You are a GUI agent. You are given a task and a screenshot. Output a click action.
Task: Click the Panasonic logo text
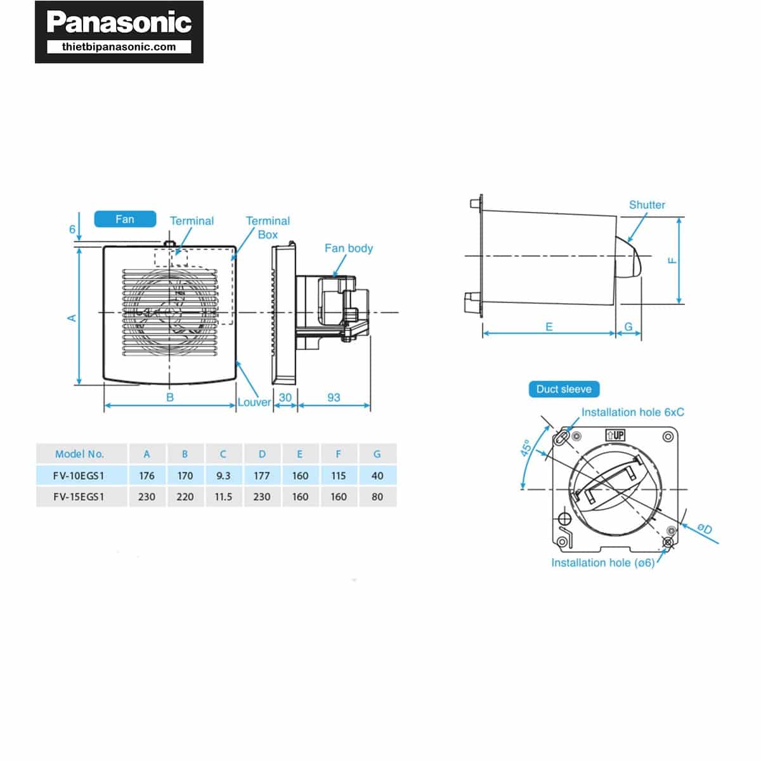click(119, 23)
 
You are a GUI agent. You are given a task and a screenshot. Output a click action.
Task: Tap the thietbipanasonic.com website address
click(119, 47)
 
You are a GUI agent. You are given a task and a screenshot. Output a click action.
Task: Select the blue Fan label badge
click(125, 219)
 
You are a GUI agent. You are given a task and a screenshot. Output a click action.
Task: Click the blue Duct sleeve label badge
click(564, 389)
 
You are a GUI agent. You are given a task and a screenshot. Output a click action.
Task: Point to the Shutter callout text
click(647, 205)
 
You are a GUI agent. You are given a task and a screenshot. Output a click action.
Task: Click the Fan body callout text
click(348, 248)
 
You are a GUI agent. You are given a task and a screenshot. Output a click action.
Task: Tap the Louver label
click(254, 402)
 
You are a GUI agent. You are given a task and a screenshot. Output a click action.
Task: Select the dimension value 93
click(334, 397)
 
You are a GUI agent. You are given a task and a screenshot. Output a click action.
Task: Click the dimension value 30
click(285, 397)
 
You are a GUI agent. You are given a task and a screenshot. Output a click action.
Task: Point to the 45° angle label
click(526, 448)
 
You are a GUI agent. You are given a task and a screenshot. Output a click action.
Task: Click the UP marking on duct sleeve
click(616, 435)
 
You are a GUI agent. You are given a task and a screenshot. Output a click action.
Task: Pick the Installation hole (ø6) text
click(602, 563)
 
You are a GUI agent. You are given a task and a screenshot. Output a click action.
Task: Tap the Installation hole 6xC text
click(632, 412)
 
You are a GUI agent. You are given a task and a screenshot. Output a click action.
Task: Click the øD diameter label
click(705, 528)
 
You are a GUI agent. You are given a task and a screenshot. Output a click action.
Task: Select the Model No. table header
click(79, 454)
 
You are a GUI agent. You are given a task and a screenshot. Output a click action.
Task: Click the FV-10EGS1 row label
click(79, 476)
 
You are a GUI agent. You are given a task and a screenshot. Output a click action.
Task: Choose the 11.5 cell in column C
click(223, 497)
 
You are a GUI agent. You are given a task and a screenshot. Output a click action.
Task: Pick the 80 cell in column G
click(377, 497)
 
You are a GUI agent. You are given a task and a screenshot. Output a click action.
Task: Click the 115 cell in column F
click(339, 476)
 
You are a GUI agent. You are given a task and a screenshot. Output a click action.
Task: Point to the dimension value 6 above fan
click(72, 230)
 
